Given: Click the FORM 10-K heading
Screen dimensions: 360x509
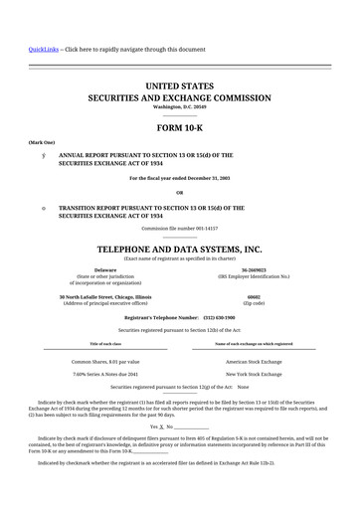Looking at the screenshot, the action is pos(179,128).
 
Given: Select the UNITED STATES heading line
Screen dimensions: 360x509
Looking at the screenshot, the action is pos(179,86).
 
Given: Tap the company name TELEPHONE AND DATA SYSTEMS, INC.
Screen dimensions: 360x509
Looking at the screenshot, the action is pos(179,249).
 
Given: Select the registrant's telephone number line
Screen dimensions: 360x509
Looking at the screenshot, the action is pos(179,317).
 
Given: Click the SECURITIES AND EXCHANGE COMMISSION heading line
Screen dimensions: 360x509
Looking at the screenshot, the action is pos(179,99).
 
